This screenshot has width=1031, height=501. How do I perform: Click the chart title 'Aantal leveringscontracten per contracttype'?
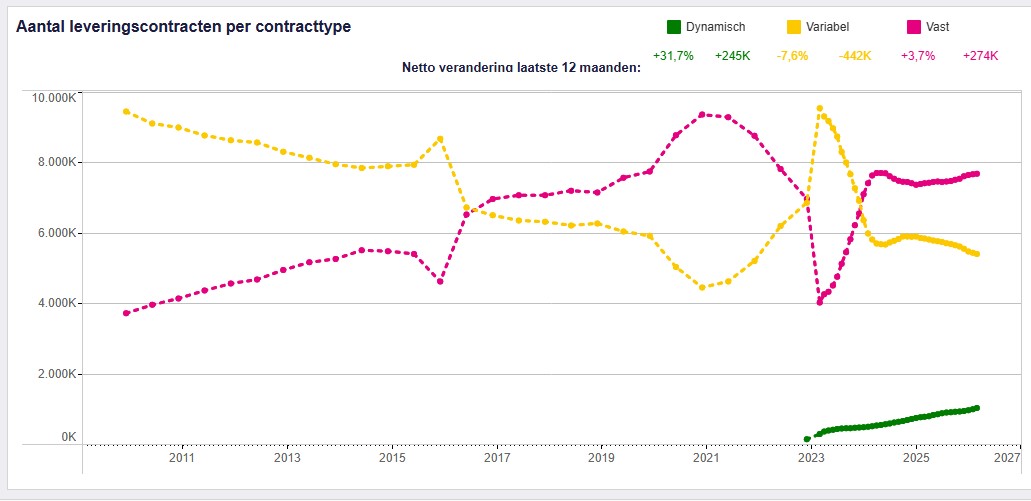click(x=183, y=27)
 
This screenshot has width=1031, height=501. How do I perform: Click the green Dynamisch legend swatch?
click(x=674, y=27)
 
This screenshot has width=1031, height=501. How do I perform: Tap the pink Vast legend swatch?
click(x=914, y=27)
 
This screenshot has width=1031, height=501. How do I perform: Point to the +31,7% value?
click(x=673, y=56)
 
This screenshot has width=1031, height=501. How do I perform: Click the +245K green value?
click(x=733, y=56)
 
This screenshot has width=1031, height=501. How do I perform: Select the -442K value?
click(x=855, y=56)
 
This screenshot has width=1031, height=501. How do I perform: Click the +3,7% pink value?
click(x=917, y=56)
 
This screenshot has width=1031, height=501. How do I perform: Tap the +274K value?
click(x=980, y=56)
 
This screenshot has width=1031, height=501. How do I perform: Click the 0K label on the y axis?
click(x=69, y=437)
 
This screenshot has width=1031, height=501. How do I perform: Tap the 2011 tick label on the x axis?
click(x=181, y=459)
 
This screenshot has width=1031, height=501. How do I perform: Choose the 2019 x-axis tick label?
click(x=601, y=459)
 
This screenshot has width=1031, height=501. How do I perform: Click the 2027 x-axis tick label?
click(x=1007, y=459)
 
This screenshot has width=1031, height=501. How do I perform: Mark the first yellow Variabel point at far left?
click(x=126, y=111)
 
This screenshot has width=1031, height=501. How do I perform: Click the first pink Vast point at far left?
click(x=126, y=313)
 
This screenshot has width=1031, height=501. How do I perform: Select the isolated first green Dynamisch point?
click(x=807, y=439)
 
